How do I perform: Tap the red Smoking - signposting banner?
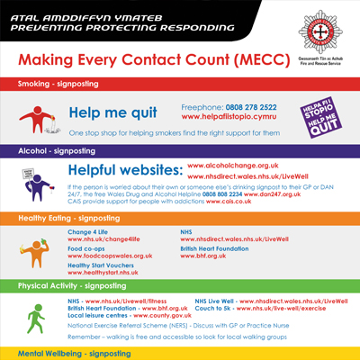click(180, 85)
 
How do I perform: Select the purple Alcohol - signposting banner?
click(180, 152)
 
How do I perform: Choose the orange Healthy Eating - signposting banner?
click(180, 218)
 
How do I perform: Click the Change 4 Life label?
click(87, 231)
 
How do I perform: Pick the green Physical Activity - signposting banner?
click(180, 285)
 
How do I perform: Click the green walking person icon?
click(34, 318)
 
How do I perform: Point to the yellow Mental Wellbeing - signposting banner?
click(180, 353)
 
